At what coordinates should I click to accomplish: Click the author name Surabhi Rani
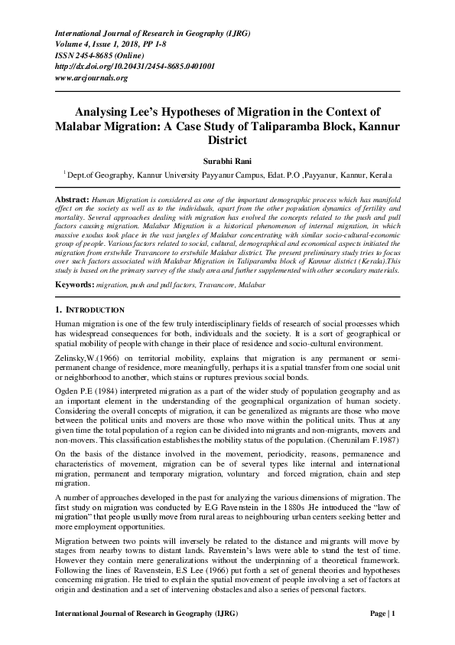(x=227, y=163)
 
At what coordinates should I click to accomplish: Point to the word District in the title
(x=228, y=142)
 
